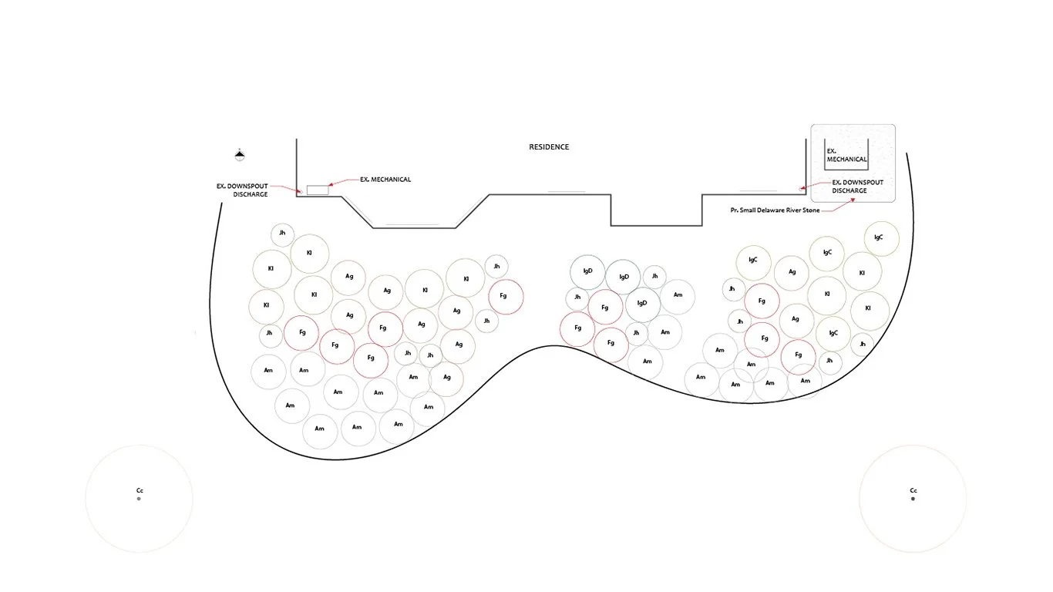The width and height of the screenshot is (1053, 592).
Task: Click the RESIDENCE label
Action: (x=548, y=146)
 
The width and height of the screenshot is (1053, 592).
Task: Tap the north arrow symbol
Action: (x=240, y=155)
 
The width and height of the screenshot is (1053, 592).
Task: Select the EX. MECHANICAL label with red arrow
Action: (x=385, y=180)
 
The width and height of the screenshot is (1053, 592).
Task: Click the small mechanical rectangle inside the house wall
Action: (x=317, y=190)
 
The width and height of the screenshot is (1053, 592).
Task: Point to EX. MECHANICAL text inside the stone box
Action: (x=846, y=155)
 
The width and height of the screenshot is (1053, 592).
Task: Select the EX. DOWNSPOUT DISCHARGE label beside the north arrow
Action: (x=242, y=190)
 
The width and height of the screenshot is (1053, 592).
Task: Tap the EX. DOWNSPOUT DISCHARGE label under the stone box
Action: (x=857, y=187)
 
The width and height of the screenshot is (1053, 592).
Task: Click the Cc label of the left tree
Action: (x=140, y=490)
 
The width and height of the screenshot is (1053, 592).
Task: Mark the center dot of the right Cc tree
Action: (x=913, y=499)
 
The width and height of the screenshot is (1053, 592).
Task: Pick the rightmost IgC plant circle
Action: (x=879, y=237)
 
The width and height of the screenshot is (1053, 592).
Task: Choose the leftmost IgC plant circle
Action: (x=752, y=260)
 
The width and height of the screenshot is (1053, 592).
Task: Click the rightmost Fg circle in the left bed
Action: (x=505, y=296)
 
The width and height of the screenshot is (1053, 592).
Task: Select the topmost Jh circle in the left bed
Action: (x=282, y=234)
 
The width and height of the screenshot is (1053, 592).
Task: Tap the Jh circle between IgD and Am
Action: (x=654, y=275)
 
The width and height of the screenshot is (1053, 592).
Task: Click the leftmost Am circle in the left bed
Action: (x=267, y=371)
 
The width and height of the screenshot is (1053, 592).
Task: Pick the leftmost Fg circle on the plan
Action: (x=301, y=332)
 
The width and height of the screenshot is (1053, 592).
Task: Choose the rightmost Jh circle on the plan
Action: (x=862, y=344)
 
